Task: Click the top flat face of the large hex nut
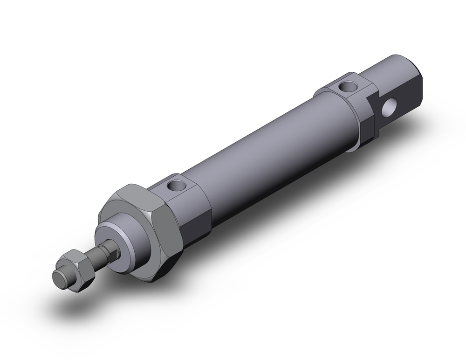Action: pos(135,193)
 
